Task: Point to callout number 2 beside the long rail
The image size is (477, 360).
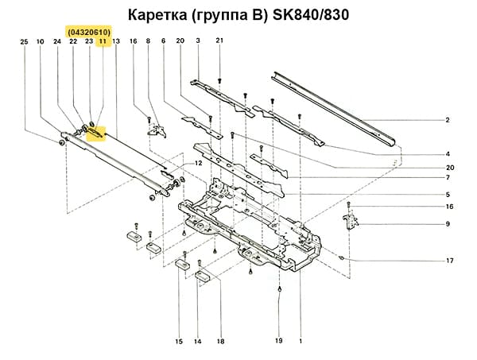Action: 448,120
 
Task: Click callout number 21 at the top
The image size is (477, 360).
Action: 219,41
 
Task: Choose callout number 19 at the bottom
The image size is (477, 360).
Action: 279,341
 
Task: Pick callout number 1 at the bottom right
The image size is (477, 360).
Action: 301,341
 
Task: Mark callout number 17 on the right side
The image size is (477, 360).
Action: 449,261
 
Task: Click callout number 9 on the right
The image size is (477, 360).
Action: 448,224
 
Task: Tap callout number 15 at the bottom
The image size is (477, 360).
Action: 178,341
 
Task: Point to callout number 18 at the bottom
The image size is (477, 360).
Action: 219,341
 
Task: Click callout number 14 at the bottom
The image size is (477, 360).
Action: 197,341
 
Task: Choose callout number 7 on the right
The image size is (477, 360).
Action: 448,178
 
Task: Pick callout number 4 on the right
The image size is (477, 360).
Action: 448,153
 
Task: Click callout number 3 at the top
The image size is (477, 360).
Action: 197,41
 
